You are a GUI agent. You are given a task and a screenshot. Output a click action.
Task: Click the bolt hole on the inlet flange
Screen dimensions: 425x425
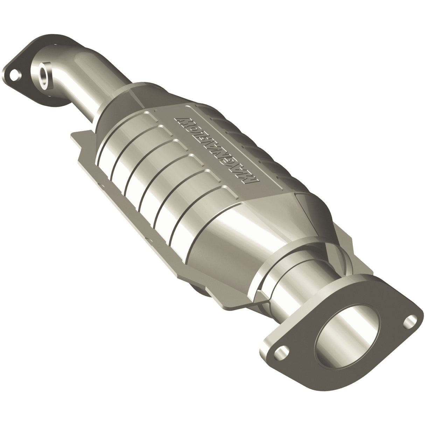(14, 74)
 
